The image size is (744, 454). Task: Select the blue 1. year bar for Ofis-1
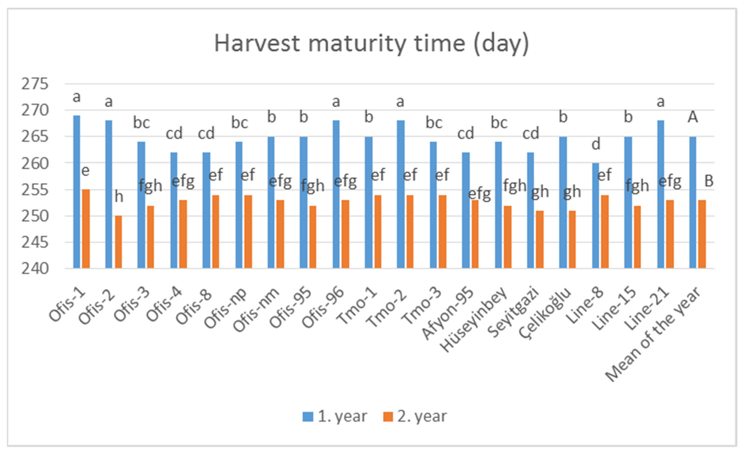click(77, 192)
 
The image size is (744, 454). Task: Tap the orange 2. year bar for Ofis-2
click(118, 242)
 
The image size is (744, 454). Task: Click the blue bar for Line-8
click(595, 216)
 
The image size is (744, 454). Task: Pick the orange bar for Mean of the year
click(702, 234)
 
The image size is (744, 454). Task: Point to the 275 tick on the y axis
click(35, 84)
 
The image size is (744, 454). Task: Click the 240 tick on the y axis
click(35, 268)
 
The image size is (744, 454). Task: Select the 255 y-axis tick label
click(35, 190)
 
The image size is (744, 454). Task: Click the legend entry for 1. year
click(335, 417)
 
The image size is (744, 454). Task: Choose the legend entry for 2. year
click(415, 417)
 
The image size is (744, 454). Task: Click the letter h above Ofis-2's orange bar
click(119, 196)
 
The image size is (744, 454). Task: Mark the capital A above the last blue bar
click(693, 117)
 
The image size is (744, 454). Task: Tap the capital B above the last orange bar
click(709, 181)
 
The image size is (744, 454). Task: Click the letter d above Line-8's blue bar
click(596, 144)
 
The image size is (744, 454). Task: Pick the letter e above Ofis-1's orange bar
click(85, 171)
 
